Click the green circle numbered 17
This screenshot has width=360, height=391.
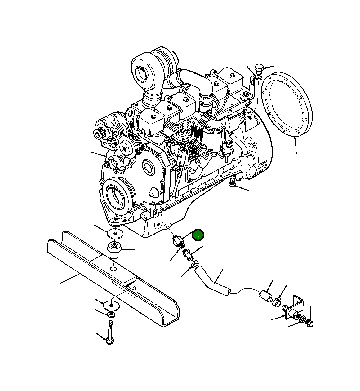pyautogui.click(x=198, y=235)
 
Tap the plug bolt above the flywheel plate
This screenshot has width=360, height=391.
pyautogui.click(x=258, y=69)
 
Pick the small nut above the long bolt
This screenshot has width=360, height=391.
pyautogui.click(x=111, y=315)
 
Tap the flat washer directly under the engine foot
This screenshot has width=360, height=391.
pyautogui.click(x=115, y=233)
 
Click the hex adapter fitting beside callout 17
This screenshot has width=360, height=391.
pyautogui.click(x=177, y=240)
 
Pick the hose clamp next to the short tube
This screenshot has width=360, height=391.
pyautogui.click(x=277, y=301)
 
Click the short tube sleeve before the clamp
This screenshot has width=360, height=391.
pyautogui.click(x=266, y=295)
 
